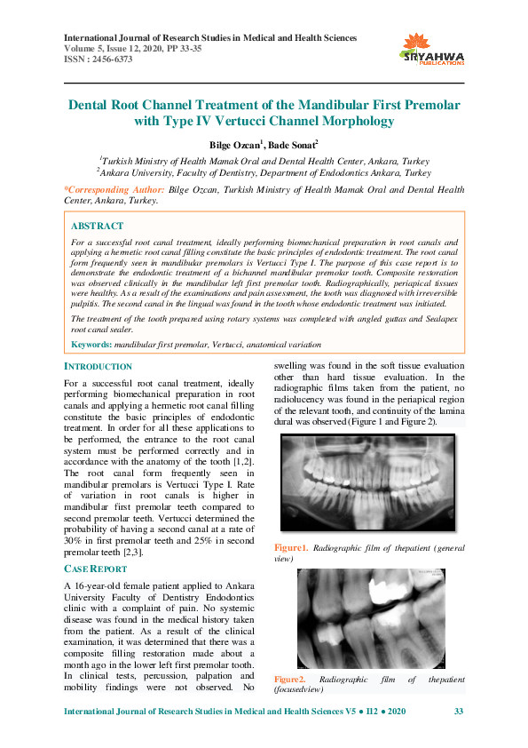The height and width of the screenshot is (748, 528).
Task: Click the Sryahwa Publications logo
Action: (433, 49)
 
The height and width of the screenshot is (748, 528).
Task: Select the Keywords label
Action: (91, 344)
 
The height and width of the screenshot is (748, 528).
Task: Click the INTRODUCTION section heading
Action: (99, 366)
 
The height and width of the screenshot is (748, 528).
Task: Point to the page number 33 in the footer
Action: (458, 712)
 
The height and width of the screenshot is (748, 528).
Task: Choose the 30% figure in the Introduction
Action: (75, 542)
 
